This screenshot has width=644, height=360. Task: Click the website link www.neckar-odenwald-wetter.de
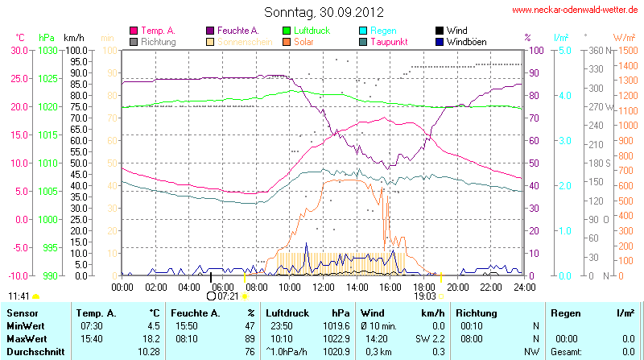pyautogui.click(x=576, y=10)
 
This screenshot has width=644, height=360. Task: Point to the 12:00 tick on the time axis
pyautogui.click(x=324, y=286)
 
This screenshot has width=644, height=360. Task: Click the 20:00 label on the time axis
pyautogui.click(x=458, y=286)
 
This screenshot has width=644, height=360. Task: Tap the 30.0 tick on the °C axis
pyautogui.click(x=18, y=50)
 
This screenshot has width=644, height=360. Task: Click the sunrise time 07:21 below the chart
pyautogui.click(x=229, y=296)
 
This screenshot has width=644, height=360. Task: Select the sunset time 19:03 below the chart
pyautogui.click(x=425, y=296)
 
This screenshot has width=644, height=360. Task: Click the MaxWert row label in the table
pyautogui.click(x=26, y=338)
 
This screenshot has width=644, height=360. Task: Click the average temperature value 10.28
pyautogui.click(x=148, y=351)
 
